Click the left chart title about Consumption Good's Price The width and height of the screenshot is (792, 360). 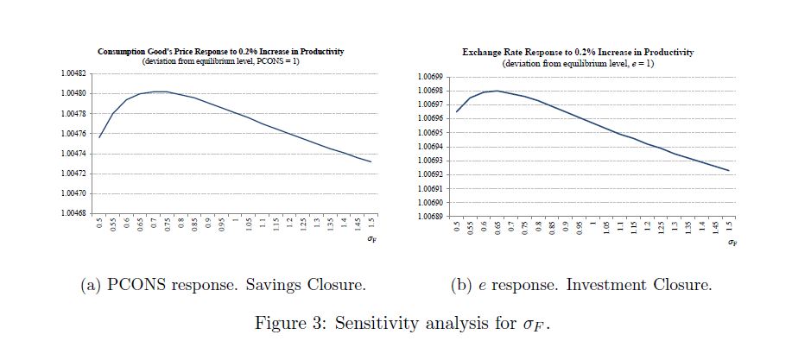coord(221,52)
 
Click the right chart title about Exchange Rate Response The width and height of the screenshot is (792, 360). coord(578,53)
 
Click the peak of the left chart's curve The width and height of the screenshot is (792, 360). coord(161,92)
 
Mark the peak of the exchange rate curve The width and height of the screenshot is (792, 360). coord(497,91)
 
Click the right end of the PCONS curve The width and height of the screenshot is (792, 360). coord(371,161)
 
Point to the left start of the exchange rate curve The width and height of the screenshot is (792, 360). coord(457,111)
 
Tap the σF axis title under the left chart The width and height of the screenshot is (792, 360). coord(372,240)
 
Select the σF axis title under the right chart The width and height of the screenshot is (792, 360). coord(732,243)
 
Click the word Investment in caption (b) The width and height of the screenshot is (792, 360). coord(606,285)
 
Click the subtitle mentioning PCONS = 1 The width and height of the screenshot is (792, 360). coord(221,61)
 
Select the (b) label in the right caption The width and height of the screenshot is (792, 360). coord(460,285)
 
